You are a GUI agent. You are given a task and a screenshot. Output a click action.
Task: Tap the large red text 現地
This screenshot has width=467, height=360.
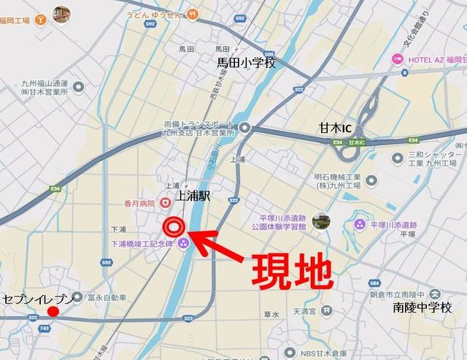click(292, 271)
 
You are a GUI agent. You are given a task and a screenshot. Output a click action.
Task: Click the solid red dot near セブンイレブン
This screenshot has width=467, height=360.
click(53, 313)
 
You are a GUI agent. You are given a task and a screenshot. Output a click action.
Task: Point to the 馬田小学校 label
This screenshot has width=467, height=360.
click(246, 64)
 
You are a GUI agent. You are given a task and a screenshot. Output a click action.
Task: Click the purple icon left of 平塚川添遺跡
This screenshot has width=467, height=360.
click(359, 224)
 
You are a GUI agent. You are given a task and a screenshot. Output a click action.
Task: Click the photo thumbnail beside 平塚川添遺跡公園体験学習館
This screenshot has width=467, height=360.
click(318, 221)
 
